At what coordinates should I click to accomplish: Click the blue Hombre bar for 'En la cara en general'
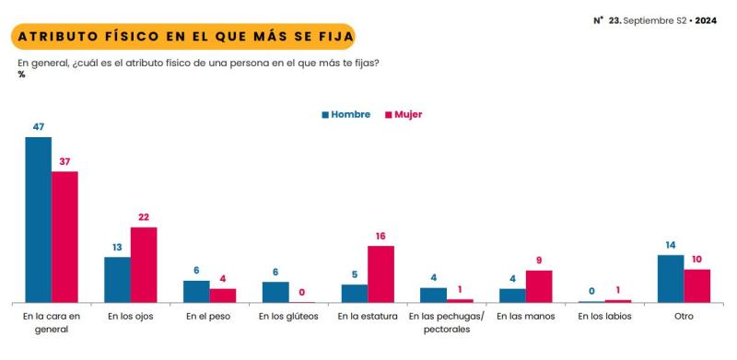click(x=38, y=220)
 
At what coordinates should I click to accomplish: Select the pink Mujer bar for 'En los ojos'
click(x=144, y=265)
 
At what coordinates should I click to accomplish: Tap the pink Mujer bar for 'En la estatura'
click(x=380, y=274)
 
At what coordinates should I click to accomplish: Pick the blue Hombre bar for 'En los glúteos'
click(x=275, y=292)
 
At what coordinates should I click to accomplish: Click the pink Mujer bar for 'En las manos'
click(x=539, y=286)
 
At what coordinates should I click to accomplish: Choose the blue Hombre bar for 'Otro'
click(x=671, y=279)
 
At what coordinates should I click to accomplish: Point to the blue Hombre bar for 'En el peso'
click(x=196, y=292)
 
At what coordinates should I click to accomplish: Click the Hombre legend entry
click(x=345, y=115)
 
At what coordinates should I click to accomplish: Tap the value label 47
click(x=38, y=129)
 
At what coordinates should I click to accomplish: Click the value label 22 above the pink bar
click(x=144, y=218)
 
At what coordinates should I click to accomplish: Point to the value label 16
click(x=380, y=237)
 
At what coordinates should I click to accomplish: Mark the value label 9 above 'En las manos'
click(x=539, y=261)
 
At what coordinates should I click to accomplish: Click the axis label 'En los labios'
click(x=604, y=317)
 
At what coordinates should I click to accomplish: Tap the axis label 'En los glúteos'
click(x=287, y=317)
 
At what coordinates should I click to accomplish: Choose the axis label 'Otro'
click(x=684, y=317)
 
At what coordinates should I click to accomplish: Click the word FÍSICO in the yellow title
click(x=138, y=36)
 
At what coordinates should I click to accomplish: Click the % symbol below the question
click(x=21, y=75)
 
